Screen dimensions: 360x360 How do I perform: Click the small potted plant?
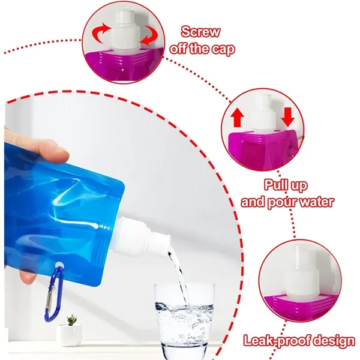coord(71,328)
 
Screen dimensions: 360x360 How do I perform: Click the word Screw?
coord(200,32)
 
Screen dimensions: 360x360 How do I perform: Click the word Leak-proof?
coord(274,341)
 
